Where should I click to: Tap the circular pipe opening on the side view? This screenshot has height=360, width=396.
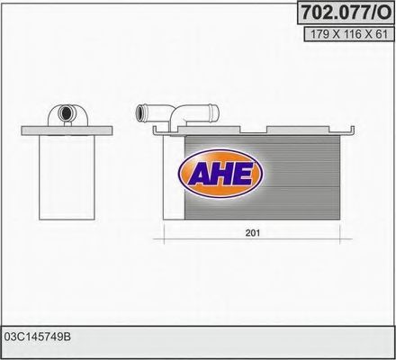pyautogui.click(x=66, y=113)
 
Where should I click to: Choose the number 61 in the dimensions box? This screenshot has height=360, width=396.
pyautogui.click(x=380, y=34)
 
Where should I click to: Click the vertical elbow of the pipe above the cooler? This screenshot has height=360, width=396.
pyautogui.click(x=181, y=121)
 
